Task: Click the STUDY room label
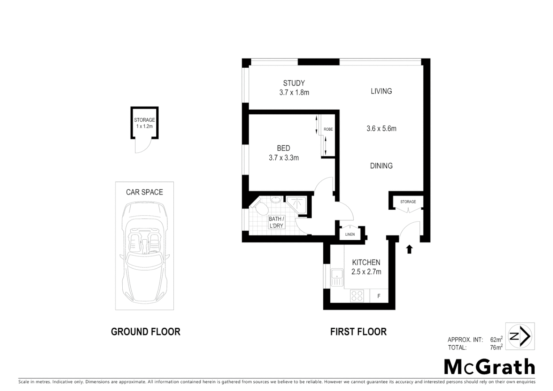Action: tap(294, 83)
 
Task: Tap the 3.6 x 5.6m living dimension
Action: tap(381, 129)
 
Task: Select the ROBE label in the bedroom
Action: tap(328, 129)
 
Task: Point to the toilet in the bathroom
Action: tap(260, 208)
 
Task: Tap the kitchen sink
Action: tap(337, 277)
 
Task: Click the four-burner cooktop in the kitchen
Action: tap(357, 296)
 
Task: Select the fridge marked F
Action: tap(379, 296)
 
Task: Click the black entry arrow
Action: tap(409, 249)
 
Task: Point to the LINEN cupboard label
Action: tap(350, 235)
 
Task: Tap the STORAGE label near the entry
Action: tap(408, 202)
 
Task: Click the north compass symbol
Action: tap(520, 336)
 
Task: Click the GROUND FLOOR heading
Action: tap(145, 332)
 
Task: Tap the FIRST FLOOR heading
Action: tap(358, 332)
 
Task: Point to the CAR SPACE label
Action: tap(144, 192)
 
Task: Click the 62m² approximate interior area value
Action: tap(496, 340)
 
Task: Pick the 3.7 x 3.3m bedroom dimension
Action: tap(284, 158)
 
